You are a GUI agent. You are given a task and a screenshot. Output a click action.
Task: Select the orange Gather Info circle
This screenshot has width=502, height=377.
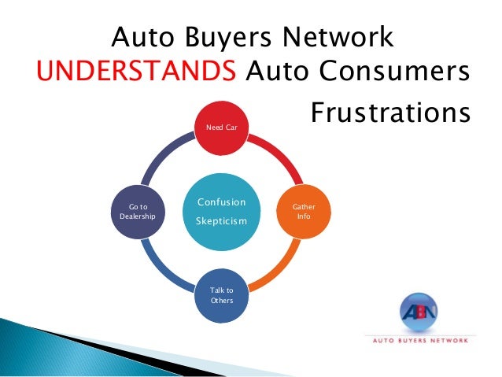(304, 211)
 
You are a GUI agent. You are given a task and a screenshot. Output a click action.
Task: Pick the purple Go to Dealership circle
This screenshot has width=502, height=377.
(138, 211)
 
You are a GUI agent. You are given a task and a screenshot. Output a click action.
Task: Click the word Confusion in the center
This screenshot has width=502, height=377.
(221, 201)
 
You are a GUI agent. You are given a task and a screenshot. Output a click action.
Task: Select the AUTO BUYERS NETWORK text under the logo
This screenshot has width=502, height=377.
(419, 341)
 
